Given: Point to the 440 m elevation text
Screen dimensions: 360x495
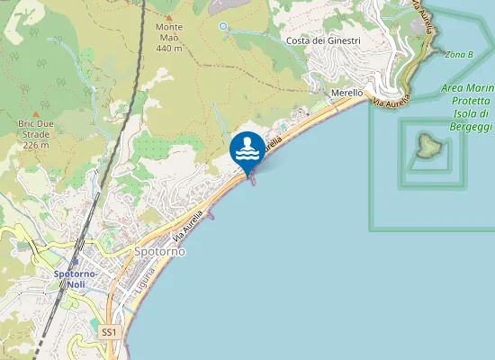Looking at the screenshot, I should pos(169,48).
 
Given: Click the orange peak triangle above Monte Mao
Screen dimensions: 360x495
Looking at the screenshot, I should pos(168,16).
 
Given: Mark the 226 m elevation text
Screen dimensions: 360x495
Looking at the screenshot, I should pos(34,145).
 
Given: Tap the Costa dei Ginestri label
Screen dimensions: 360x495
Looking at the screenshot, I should pos(322,41).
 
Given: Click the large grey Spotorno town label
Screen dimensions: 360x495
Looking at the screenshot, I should pos(159,252).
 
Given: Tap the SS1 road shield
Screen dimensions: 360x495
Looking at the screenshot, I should pos(109,332).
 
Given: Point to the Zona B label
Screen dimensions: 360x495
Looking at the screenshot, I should pos(459,55).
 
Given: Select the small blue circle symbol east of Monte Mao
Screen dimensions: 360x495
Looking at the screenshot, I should pos(223,26).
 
